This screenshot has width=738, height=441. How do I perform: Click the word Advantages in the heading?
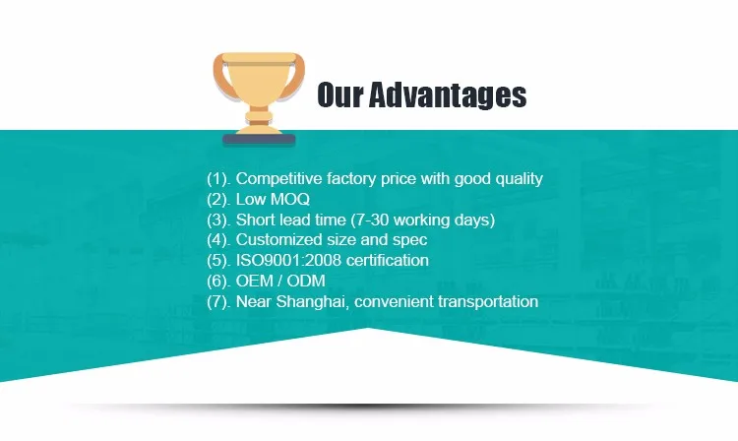[447, 94]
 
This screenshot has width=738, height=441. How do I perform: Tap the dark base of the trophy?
[259, 140]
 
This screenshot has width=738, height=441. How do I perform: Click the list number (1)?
[218, 179]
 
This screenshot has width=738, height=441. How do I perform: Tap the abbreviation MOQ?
[290, 199]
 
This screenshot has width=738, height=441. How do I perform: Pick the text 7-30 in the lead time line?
[373, 220]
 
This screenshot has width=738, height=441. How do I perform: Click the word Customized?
[272, 240]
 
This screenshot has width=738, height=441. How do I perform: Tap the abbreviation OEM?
[255, 281]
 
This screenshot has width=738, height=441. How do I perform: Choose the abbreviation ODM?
[306, 281]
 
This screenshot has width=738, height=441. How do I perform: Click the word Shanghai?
[313, 301]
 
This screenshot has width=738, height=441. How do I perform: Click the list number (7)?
[218, 301]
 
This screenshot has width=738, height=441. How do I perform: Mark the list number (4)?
[218, 240]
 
